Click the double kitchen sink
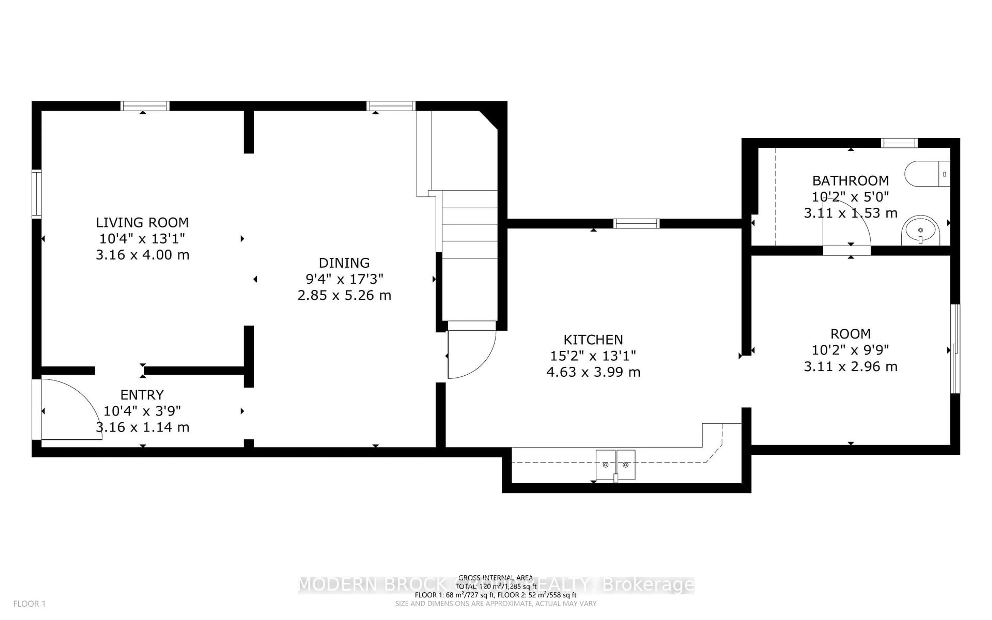tap(615, 464)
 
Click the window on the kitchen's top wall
tap(636, 223)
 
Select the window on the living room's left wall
tap(36, 193)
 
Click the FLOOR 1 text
tap(29, 604)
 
